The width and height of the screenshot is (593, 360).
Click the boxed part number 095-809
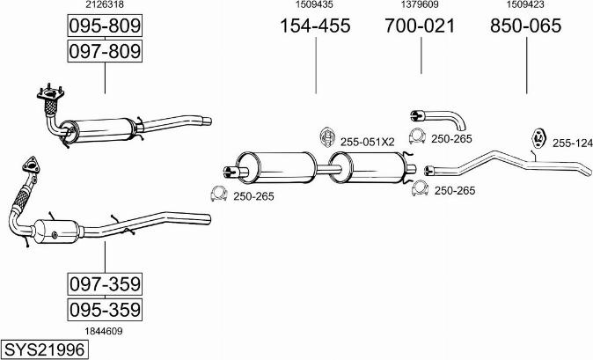pos(105,26)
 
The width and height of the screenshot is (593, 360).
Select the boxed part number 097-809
pos(105,51)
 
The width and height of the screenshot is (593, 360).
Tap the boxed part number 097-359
pos(105,284)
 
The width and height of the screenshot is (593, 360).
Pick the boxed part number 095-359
pos(105,310)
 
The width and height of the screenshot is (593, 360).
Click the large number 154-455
pos(315,26)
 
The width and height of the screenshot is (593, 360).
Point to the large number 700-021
pos(420,26)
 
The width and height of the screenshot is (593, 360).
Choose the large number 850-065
pos(525,26)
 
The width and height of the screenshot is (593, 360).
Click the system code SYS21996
pos(44,349)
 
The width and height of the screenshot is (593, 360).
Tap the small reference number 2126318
pos(105,4)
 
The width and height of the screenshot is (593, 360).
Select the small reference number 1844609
pos(104,331)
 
